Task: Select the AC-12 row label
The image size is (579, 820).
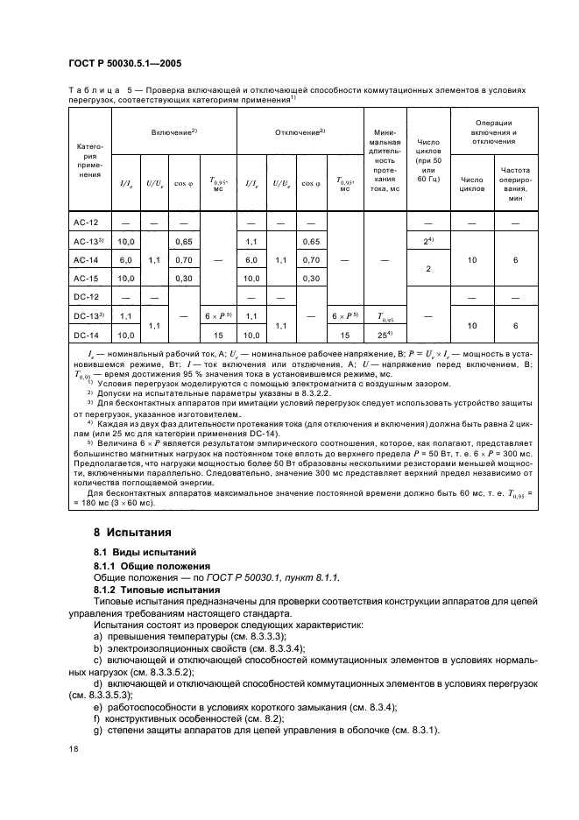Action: click(84, 224)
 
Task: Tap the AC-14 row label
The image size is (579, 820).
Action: click(84, 260)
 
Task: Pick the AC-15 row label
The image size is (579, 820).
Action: click(84, 279)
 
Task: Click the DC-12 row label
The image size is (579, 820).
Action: click(84, 297)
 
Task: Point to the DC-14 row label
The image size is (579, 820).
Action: click(84, 334)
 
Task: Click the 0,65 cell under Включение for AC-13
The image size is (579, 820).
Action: click(183, 242)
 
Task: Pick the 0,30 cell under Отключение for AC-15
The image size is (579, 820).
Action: click(310, 279)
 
